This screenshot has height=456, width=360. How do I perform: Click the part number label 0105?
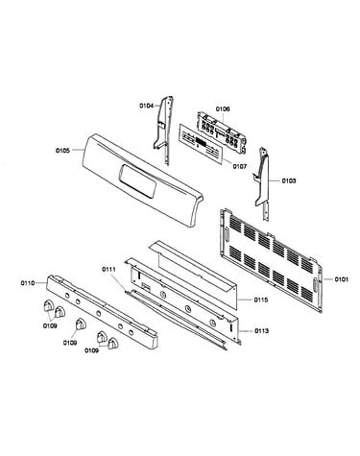(62, 150)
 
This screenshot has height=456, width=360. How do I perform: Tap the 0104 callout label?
(147, 106)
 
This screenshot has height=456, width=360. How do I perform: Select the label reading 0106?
(223, 108)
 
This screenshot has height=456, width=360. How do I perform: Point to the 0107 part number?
(240, 166)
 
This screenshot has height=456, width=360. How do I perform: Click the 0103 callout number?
(289, 180)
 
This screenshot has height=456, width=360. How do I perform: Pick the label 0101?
(342, 279)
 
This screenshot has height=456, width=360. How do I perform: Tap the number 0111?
(108, 269)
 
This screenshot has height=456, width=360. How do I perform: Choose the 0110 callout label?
(28, 283)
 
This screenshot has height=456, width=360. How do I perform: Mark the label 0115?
(261, 300)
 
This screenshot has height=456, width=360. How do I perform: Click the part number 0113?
(262, 331)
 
